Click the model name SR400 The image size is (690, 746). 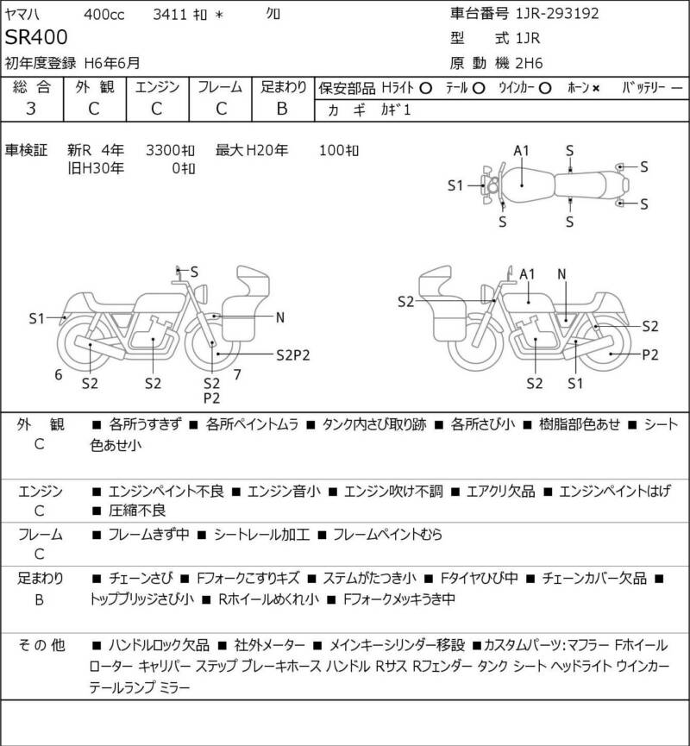pyautogui.click(x=36, y=37)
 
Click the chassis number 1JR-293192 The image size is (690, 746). pyautogui.click(x=557, y=13)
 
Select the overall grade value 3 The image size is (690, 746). pyautogui.click(x=31, y=109)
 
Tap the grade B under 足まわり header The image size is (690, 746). pyautogui.click(x=282, y=109)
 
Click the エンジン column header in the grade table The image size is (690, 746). pyautogui.click(x=157, y=87)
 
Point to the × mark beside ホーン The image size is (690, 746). pyautogui.click(x=596, y=89)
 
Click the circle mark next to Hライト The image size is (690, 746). pyautogui.click(x=425, y=89)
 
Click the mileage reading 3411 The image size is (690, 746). pyautogui.click(x=170, y=15)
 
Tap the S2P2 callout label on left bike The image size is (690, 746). pyautogui.click(x=292, y=355)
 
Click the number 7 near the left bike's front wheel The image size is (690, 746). pyautogui.click(x=237, y=375)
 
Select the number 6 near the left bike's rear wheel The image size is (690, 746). pyautogui.click(x=58, y=375)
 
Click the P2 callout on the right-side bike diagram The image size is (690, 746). pyautogui.click(x=650, y=355)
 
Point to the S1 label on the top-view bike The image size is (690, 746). pyautogui.click(x=455, y=185)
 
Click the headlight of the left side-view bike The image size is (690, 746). pyautogui.click(x=201, y=292)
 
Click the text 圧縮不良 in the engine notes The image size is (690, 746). pyautogui.click(x=137, y=511)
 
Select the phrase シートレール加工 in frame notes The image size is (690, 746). pyautogui.click(x=261, y=535)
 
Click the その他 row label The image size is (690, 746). pyautogui.click(x=41, y=645)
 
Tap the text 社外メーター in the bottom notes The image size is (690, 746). pyautogui.click(x=269, y=645)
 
